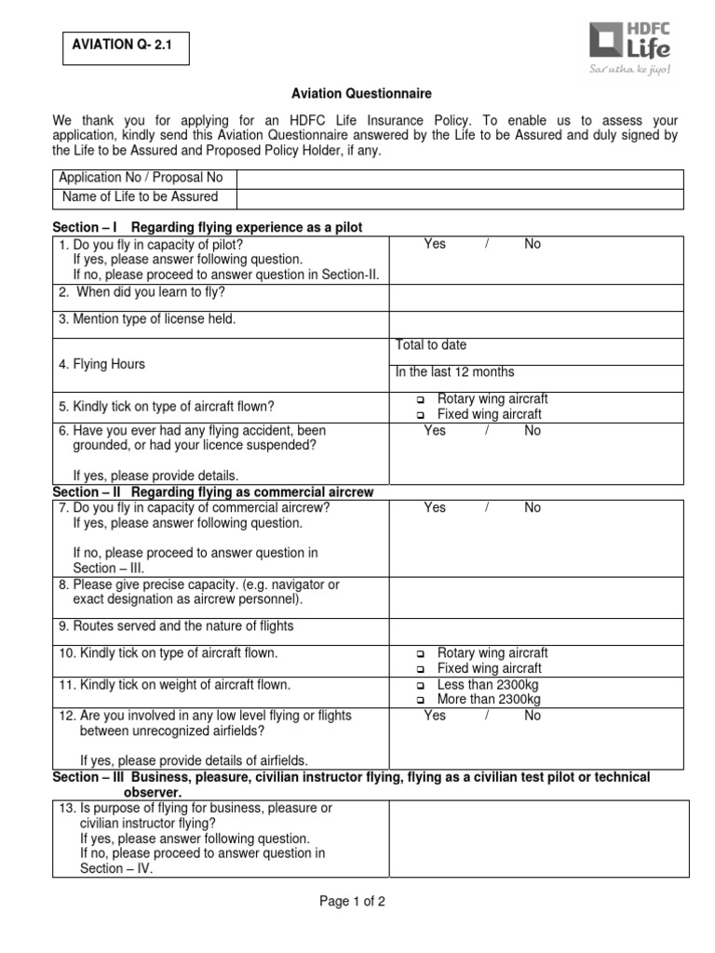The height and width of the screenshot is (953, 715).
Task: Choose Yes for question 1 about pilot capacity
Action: [x=435, y=244]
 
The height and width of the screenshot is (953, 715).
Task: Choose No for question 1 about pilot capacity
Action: [x=533, y=244]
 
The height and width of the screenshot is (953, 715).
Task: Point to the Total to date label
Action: [x=431, y=345]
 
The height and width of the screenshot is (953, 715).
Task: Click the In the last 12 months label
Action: [x=454, y=372]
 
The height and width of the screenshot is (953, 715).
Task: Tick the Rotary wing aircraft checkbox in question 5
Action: [x=420, y=400]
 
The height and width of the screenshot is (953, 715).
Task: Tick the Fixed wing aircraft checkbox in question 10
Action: [x=420, y=669]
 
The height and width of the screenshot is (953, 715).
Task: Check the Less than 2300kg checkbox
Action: [x=420, y=685]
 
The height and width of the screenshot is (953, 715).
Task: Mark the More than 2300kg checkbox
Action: [x=420, y=700]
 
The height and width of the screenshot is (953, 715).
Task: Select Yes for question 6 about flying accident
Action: [x=435, y=431]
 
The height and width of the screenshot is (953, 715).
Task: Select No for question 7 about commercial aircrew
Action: [x=533, y=508]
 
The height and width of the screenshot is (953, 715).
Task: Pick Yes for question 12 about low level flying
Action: [x=435, y=716]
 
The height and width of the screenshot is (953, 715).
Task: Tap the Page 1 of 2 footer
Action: [x=352, y=902]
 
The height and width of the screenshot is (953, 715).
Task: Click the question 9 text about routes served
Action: [x=176, y=626]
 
